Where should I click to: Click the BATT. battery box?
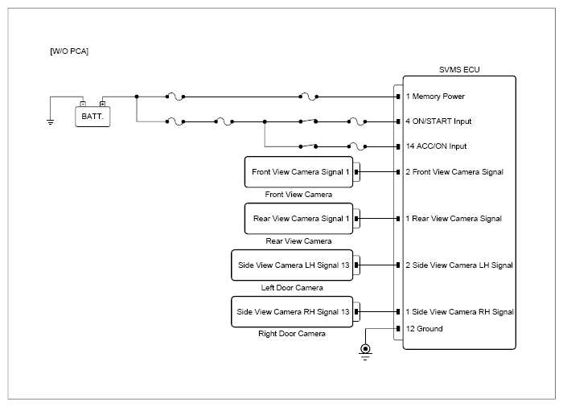pyautogui.click(x=92, y=117)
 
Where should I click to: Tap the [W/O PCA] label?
pyautogui.click(x=69, y=51)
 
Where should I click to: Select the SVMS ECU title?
pyautogui.click(x=459, y=70)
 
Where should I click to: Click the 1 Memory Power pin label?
pyautogui.click(x=435, y=97)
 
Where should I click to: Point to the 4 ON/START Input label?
pyautogui.click(x=438, y=121)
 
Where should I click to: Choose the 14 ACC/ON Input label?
pyautogui.click(x=436, y=146)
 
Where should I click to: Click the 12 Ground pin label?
pyautogui.click(x=424, y=329)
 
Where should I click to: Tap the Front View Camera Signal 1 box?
pyautogui.click(x=298, y=172)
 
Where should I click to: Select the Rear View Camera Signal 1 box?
pyautogui.click(x=298, y=219)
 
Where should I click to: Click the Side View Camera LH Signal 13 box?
pyautogui.click(x=292, y=265)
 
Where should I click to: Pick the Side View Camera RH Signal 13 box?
pyautogui.click(x=292, y=312)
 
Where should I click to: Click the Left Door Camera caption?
pyautogui.click(x=292, y=288)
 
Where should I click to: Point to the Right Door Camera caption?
pyautogui.click(x=292, y=334)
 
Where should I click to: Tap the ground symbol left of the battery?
pyautogui.click(x=50, y=121)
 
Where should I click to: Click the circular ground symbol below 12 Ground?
pyautogui.click(x=365, y=351)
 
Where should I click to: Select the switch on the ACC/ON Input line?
pyautogui.click(x=308, y=146)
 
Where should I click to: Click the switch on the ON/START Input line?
pyautogui.click(x=308, y=121)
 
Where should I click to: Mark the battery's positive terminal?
pyautogui.click(x=102, y=105)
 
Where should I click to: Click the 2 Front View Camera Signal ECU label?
pyautogui.click(x=454, y=172)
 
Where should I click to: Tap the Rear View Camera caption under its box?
pyautogui.click(x=298, y=241)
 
